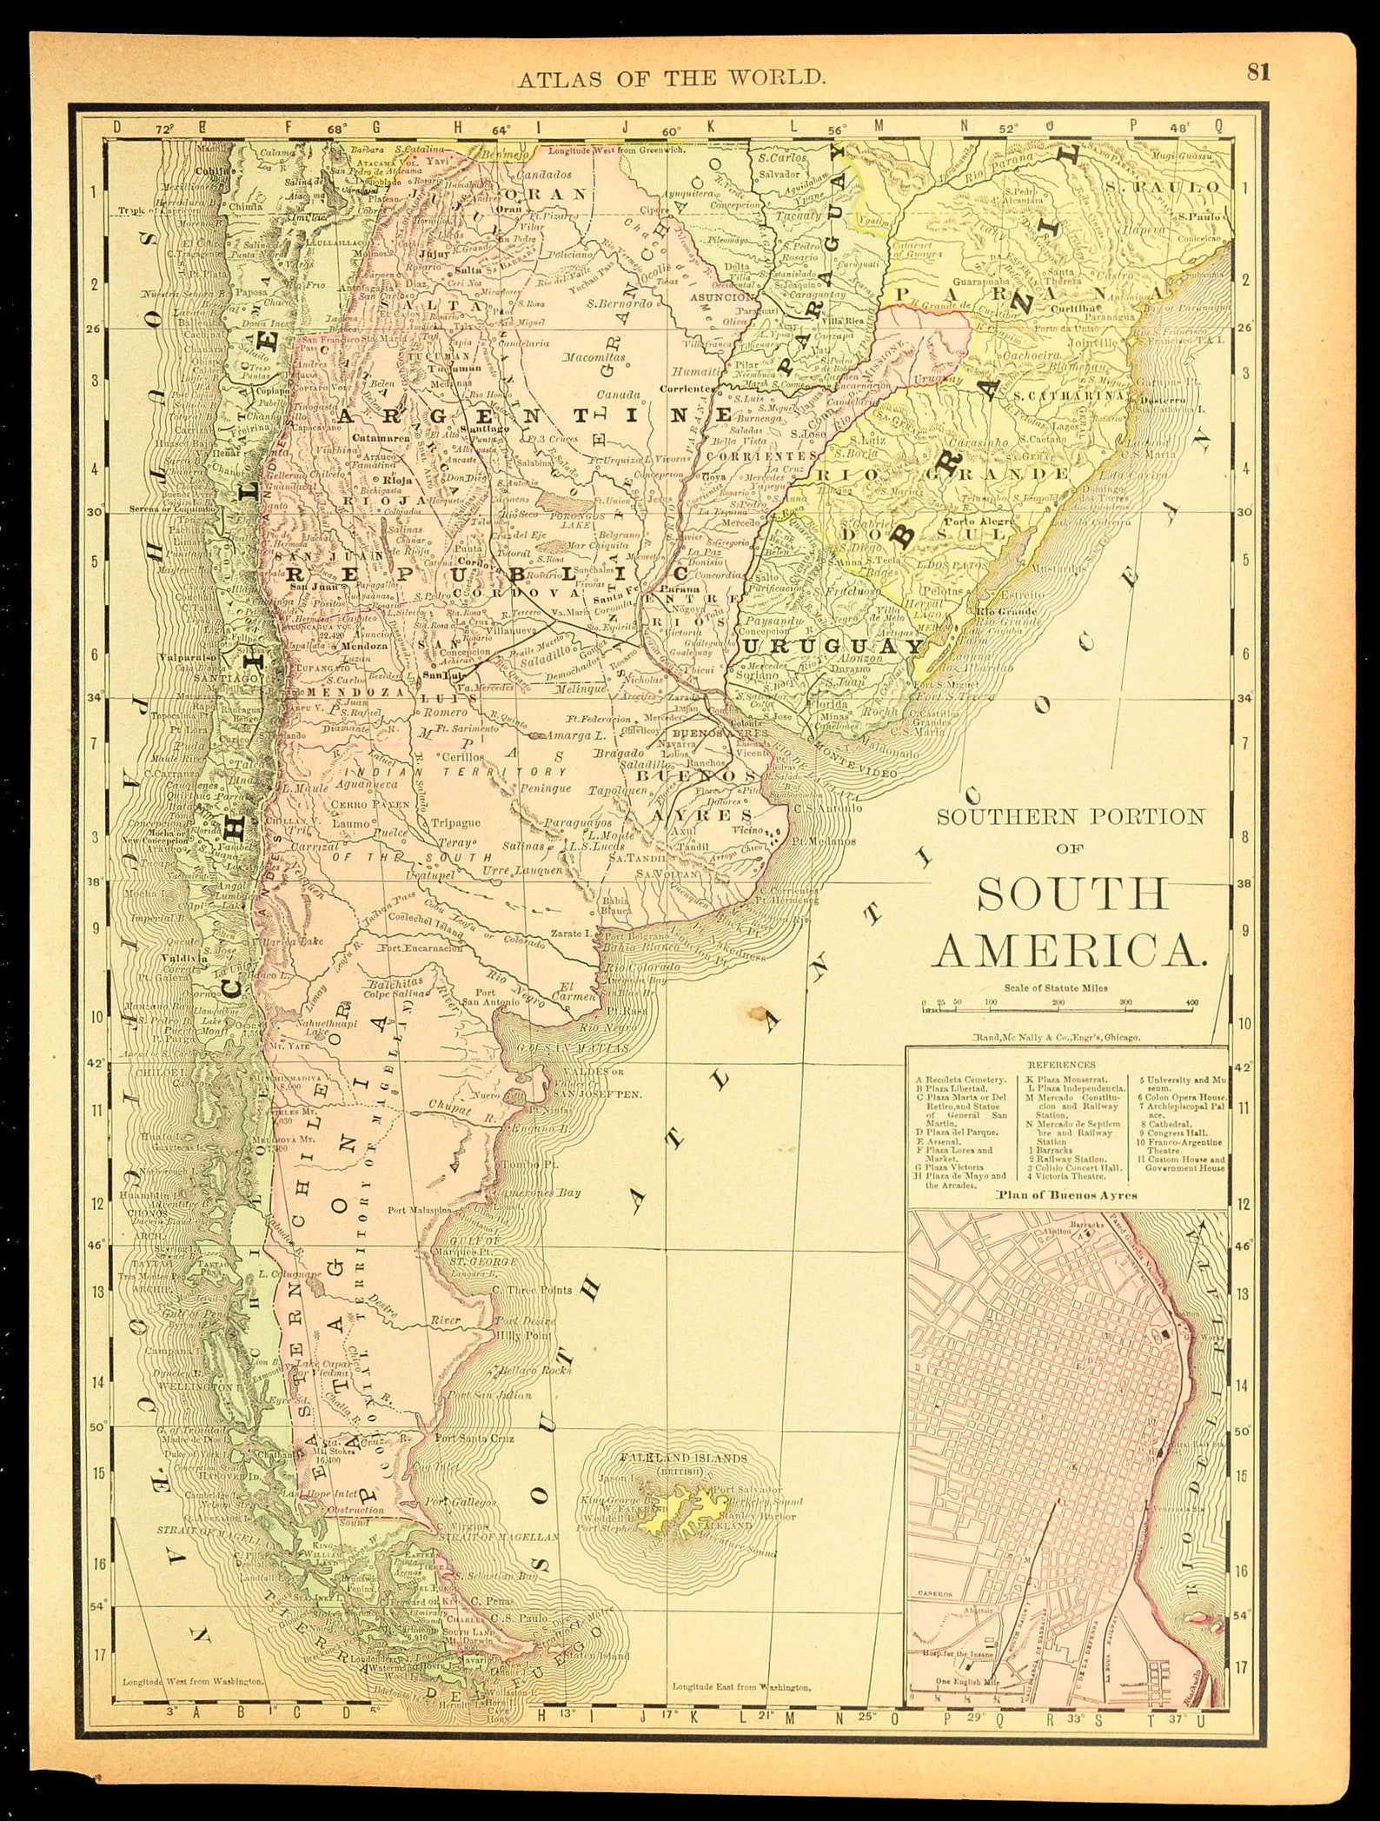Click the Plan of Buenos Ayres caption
tap(1066, 1194)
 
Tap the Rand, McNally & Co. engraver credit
tap(1054, 1038)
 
